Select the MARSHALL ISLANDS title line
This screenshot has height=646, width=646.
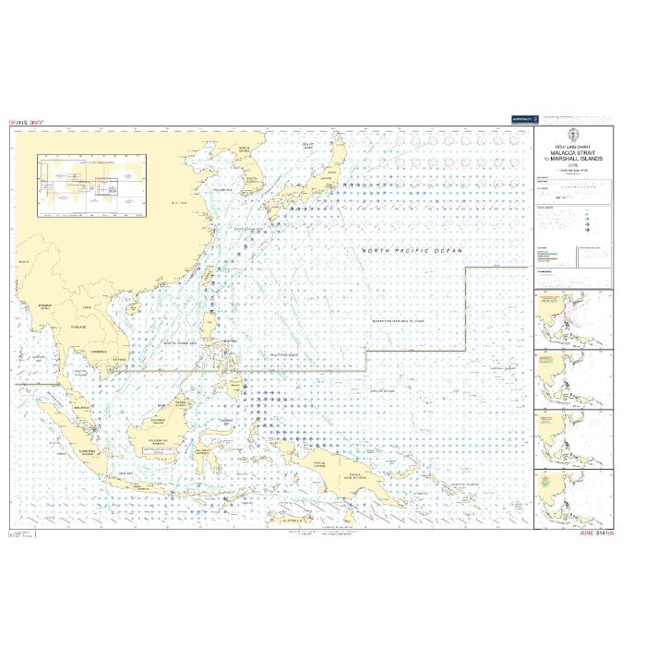click(577, 160)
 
